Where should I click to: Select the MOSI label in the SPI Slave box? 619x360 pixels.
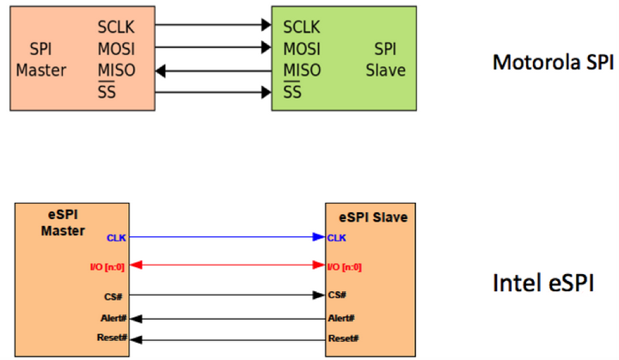tap(302, 48)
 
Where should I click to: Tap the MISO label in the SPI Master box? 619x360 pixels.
tap(116, 70)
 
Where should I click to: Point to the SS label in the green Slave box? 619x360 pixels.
tap(292, 91)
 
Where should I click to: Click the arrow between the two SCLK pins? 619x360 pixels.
tap(215, 27)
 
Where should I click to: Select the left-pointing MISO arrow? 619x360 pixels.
tap(215, 70)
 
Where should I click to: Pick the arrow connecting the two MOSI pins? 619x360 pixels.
tap(215, 48)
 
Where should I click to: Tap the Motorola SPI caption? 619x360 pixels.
tap(553, 62)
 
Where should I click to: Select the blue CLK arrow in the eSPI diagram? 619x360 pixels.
tap(227, 237)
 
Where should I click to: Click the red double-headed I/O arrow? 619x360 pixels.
tap(227, 266)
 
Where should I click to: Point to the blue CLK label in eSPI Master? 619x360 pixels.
tap(117, 237)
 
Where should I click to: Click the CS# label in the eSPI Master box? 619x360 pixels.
tap(118, 296)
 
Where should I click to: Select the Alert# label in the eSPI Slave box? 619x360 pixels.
tap(340, 317)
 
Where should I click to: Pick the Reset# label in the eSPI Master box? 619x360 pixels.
tap(113, 338)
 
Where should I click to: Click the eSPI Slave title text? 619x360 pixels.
tap(371, 217)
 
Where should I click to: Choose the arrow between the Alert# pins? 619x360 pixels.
tap(227, 317)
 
